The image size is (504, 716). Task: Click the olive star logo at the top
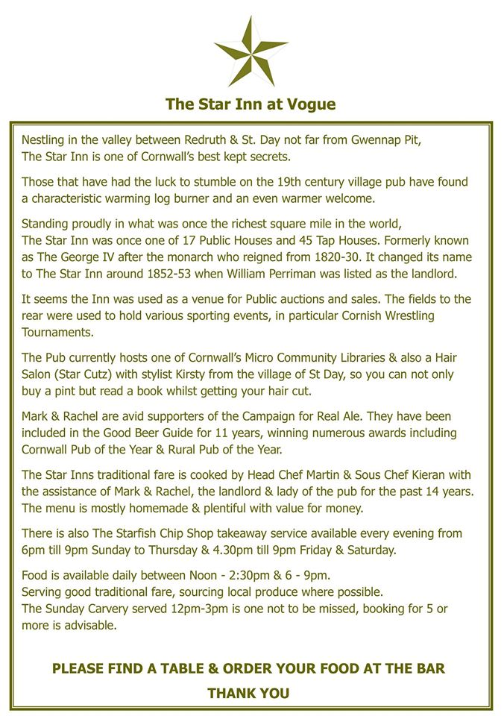point(251,51)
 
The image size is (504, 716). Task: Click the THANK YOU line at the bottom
point(248,694)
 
